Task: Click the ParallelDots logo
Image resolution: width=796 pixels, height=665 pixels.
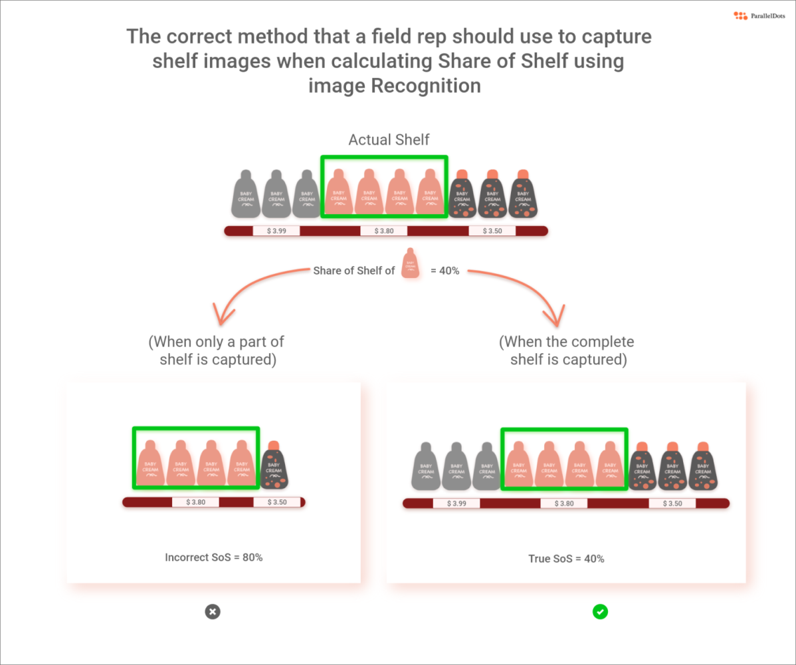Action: pos(757,15)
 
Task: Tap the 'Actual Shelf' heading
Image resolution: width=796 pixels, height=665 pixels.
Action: pos(389,140)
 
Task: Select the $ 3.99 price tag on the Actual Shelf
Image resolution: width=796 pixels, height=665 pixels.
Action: pos(276,231)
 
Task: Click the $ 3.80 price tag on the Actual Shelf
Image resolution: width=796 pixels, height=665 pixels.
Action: pos(383,231)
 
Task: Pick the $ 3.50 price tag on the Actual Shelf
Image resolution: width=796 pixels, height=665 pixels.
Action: pos(492,231)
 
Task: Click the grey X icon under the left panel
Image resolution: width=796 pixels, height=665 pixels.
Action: pos(213,612)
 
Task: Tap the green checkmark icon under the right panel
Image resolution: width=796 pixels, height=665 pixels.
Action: pos(600,611)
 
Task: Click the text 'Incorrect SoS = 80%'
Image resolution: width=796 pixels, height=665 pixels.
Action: pos(213,557)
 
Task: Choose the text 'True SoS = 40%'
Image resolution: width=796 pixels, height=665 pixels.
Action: pos(566,559)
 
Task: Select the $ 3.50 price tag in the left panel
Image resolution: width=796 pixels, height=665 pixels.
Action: pos(277,502)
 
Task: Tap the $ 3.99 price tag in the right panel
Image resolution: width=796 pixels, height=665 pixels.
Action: pos(456,503)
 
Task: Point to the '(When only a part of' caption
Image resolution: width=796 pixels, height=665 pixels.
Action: pos(216,342)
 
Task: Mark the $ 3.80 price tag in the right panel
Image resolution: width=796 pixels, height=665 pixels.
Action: pos(563,503)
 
